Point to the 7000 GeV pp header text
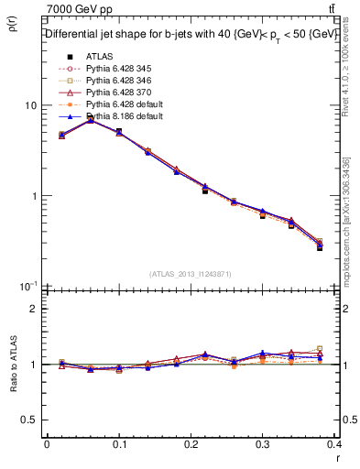click(x=76, y=8)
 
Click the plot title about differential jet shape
click(x=183, y=34)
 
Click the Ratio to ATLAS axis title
click(x=12, y=365)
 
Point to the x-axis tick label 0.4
click(x=336, y=443)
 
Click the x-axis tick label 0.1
click(x=119, y=443)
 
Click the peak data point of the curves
click(x=90, y=119)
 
